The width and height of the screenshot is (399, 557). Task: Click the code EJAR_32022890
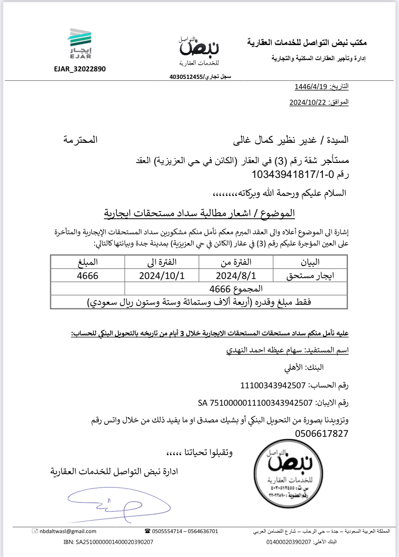click(80, 69)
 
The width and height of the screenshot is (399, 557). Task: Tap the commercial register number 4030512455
click(186, 77)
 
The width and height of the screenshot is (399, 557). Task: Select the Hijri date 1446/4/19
click(311, 87)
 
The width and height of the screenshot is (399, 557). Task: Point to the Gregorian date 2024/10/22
click(308, 102)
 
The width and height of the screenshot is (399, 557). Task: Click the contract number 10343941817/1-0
click(293, 175)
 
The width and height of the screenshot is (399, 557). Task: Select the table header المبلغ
click(88, 262)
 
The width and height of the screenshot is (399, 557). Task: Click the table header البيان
click(310, 262)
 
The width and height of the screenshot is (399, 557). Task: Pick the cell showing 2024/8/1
click(236, 276)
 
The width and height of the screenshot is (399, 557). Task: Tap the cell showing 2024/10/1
click(162, 276)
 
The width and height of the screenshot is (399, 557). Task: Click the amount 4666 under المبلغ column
click(88, 276)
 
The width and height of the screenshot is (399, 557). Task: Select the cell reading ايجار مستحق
click(310, 276)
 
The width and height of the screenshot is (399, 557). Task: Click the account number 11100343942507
click(273, 386)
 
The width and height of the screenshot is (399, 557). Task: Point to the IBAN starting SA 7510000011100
click(255, 403)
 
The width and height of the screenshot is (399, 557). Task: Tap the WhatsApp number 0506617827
click(322, 434)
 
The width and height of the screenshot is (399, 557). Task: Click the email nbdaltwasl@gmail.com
click(68, 531)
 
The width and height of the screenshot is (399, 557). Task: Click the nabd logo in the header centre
click(199, 51)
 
